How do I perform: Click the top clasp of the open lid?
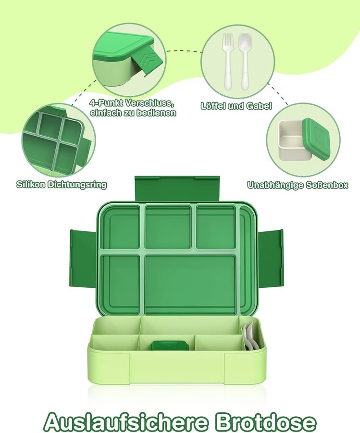pos(177,189)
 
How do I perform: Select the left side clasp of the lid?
pos(84,258)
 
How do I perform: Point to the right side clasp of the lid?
pos(270,258)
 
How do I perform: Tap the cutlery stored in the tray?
pos(251,337)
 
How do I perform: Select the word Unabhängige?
pos(275,185)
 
